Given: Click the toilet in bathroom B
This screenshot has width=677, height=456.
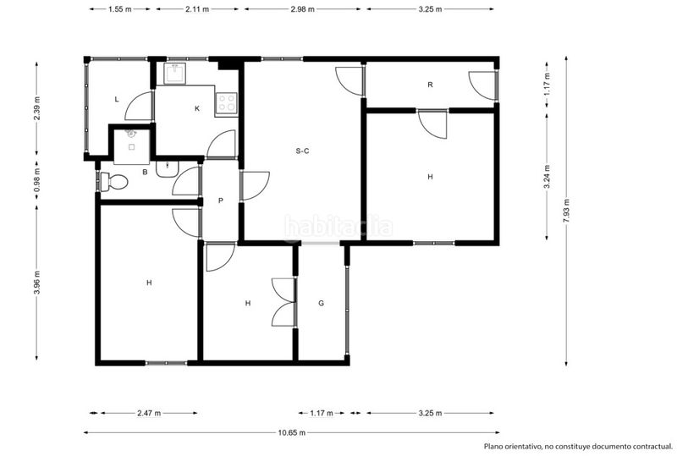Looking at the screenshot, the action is pyautogui.click(x=114, y=182).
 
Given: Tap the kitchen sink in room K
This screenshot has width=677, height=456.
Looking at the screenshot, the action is pyautogui.click(x=175, y=73).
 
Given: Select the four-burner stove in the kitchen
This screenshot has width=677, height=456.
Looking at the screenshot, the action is pyautogui.click(x=226, y=104).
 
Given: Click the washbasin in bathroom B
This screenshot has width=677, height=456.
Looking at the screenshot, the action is pyautogui.click(x=167, y=169).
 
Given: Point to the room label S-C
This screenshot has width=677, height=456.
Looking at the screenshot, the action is pyautogui.click(x=302, y=151).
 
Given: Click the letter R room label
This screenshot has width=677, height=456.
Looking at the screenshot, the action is pyautogui.click(x=430, y=85).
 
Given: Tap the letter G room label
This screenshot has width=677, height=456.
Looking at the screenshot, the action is pyautogui.click(x=322, y=303).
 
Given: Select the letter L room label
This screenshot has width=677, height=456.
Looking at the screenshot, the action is pyautogui.click(x=117, y=99).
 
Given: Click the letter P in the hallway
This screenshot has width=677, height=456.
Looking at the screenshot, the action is pyautogui.click(x=221, y=201).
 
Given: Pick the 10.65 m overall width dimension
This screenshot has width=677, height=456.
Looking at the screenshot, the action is pyautogui.click(x=292, y=432).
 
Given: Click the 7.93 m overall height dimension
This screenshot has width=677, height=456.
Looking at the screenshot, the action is pyautogui.click(x=566, y=211).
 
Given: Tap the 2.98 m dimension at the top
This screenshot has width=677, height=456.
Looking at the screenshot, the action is pyautogui.click(x=302, y=8).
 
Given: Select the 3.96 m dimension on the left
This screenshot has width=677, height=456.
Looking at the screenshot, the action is pyautogui.click(x=36, y=283).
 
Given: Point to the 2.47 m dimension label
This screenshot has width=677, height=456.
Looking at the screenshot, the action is pyautogui.click(x=149, y=413).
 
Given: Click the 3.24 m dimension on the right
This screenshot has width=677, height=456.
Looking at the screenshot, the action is pyautogui.click(x=547, y=177).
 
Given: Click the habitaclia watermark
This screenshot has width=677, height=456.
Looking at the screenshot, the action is pyautogui.click(x=338, y=226).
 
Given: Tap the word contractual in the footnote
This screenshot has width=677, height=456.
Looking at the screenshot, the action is pyautogui.click(x=648, y=447).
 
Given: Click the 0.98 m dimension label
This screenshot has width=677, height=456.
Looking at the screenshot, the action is pyautogui.click(x=36, y=180).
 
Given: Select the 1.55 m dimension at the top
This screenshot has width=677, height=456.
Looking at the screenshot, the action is pyautogui.click(x=119, y=8).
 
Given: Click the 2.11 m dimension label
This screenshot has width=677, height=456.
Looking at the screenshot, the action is pyautogui.click(x=197, y=8).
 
